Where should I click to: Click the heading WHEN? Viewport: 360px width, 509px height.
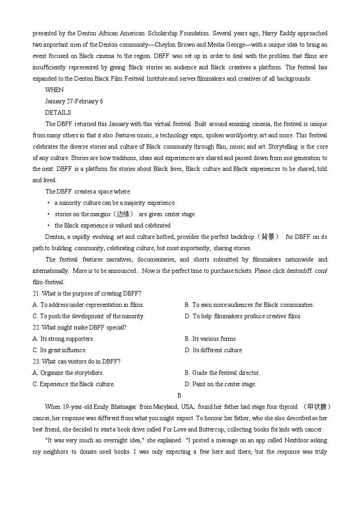tap(54, 90)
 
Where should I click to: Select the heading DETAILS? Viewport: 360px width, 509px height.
tap(58, 112)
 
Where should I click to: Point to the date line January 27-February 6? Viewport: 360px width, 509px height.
tap(74, 101)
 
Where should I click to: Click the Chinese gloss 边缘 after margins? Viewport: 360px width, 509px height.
tap(123, 214)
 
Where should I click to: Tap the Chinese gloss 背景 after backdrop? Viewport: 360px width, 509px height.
tap(268, 237)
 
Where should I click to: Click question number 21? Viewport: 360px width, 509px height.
tap(36, 293)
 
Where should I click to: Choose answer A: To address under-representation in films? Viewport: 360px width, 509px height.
tap(88, 305)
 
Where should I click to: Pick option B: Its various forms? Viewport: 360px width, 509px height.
tap(211, 339)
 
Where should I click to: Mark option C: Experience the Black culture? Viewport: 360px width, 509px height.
tap(73, 384)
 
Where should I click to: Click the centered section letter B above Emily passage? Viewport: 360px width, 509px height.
tap(180, 395)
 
